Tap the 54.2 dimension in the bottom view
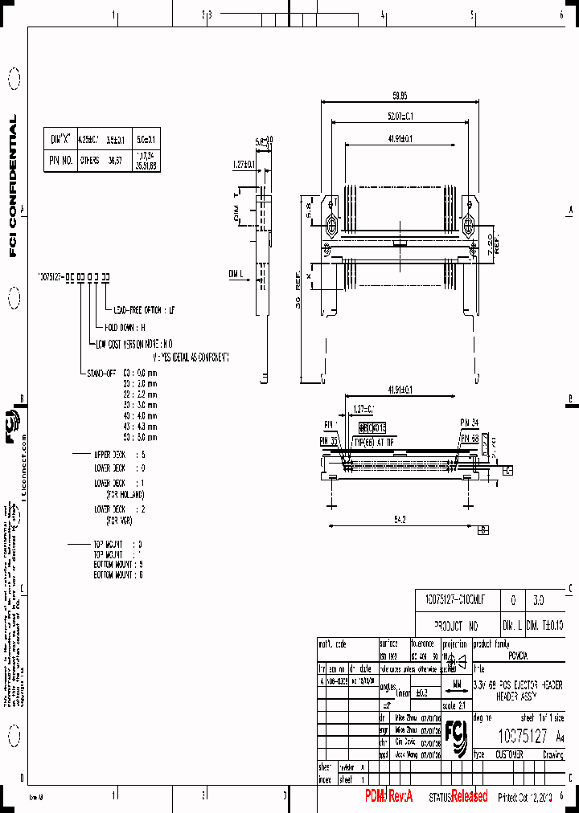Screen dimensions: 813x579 [x=400, y=521]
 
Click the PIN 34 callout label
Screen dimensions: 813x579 [x=470, y=421]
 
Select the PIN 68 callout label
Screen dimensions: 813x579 [x=470, y=437]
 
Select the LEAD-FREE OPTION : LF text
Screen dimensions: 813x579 [x=144, y=309]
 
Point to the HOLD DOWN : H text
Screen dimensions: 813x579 [x=125, y=327]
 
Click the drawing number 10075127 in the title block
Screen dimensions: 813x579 [x=523, y=736]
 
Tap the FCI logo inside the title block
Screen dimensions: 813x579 [x=456, y=737]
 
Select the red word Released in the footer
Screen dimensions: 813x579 [x=469, y=796]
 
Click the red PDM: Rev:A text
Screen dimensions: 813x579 [x=388, y=796]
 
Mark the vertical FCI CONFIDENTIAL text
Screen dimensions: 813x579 [x=13, y=186]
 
